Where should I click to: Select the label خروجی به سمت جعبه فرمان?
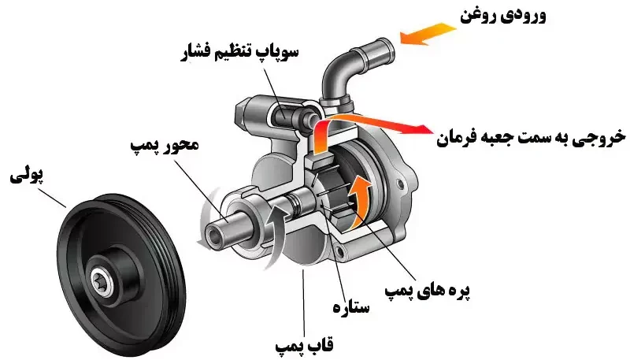tap(529, 136)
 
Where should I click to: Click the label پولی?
tap(24, 175)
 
